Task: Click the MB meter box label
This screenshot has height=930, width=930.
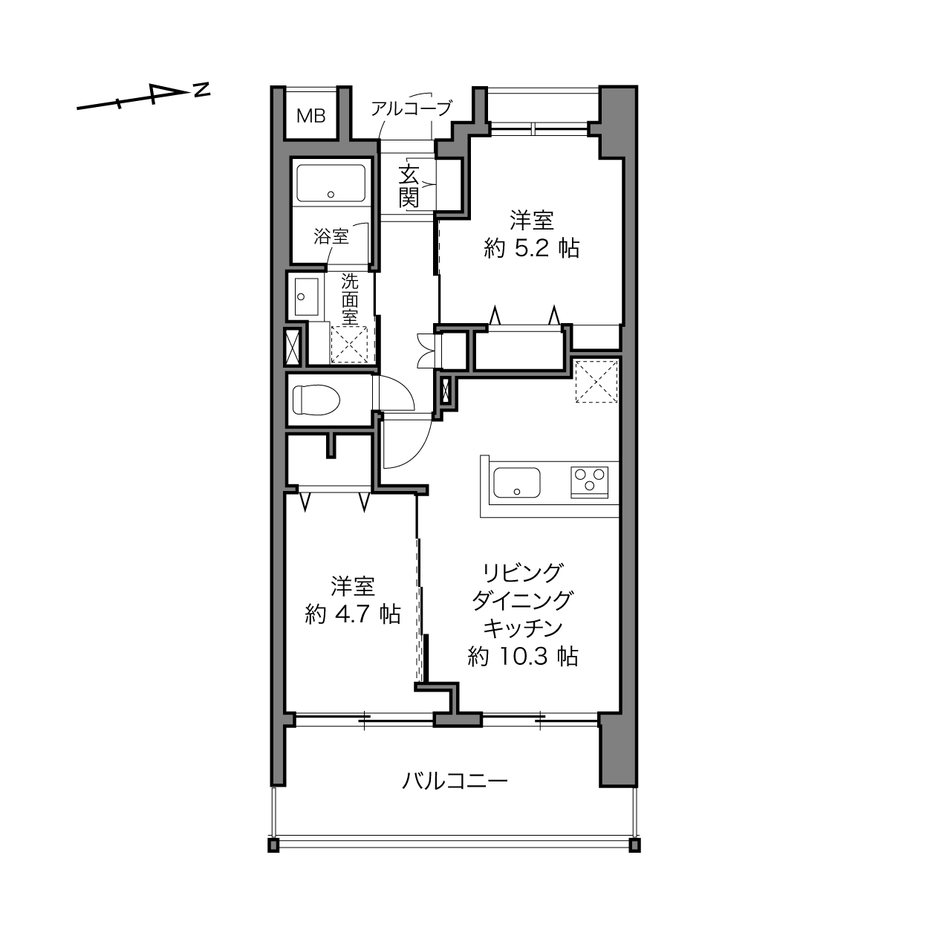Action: pos(310,116)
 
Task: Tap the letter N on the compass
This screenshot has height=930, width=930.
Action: pos(202,90)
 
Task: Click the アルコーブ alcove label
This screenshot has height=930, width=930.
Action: pos(412,108)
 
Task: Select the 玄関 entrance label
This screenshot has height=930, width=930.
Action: pos(409,186)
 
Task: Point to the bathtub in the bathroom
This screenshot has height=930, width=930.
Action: pos(331,183)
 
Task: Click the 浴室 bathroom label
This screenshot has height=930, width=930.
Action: pos(331,236)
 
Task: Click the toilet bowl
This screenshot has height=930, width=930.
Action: pos(316,400)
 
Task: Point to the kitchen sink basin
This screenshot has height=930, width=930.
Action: pos(516,482)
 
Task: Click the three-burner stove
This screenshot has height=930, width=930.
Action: pos(589,481)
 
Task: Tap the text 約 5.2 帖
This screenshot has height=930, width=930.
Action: pos(532,249)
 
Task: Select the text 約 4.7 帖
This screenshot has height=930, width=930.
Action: pos(353,614)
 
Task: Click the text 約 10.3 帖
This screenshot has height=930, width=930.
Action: pos(523,657)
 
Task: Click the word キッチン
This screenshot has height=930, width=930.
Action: pos(523,628)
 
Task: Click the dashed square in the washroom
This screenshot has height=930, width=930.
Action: pos(349,344)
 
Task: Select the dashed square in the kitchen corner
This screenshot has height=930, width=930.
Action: pos(596,381)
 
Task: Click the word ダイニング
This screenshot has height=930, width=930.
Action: pos(522,601)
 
